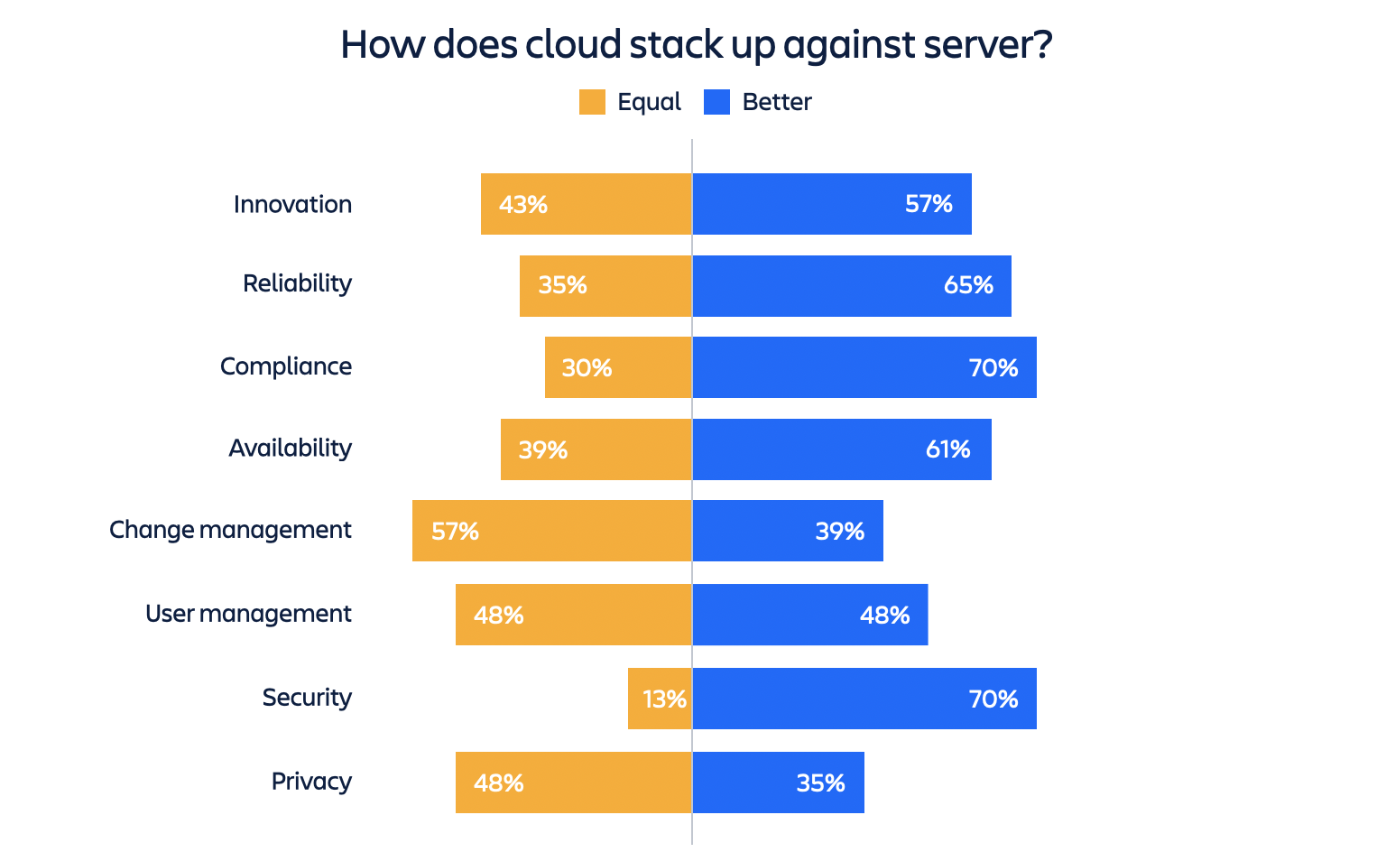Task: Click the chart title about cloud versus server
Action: point(696,44)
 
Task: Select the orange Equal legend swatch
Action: point(592,102)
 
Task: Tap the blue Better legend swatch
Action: point(716,102)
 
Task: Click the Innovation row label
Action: point(292,204)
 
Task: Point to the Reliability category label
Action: point(297,283)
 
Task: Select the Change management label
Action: point(230,530)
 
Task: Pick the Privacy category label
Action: point(311,782)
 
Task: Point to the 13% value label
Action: point(665,699)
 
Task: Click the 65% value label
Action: point(968,286)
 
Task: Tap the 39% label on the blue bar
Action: point(840,532)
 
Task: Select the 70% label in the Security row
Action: point(993,699)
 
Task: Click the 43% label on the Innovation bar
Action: point(523,205)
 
